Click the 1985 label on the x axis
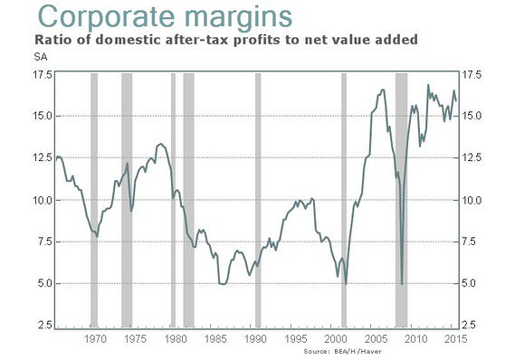coord(216,338)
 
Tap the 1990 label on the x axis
coord(256,338)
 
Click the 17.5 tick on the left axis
coord(41,74)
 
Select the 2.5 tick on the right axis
coord(472,325)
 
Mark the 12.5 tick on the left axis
coord(41,158)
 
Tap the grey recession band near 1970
coord(93,199)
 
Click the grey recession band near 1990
coord(258,199)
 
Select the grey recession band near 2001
coord(344,199)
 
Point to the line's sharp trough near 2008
coord(402,284)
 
